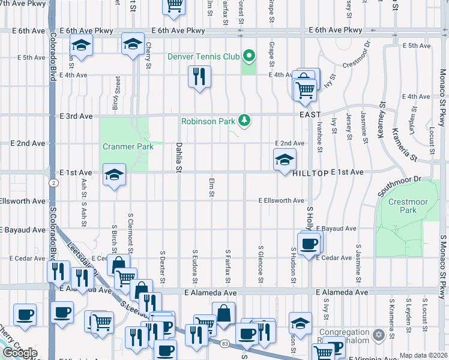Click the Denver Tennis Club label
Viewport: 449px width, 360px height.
(x=203, y=58)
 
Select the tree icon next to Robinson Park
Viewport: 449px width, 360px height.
(x=244, y=121)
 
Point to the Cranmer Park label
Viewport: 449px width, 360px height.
(x=128, y=146)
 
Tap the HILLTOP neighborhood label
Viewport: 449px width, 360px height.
(x=311, y=172)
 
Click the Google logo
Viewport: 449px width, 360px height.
(x=20, y=353)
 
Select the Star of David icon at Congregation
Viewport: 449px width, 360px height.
(x=378, y=334)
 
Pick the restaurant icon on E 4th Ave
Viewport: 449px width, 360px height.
(x=199, y=76)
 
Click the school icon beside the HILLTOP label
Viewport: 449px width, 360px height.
(x=285, y=159)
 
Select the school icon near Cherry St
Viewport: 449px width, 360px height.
(x=133, y=43)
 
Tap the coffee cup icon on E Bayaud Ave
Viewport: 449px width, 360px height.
(x=309, y=244)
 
